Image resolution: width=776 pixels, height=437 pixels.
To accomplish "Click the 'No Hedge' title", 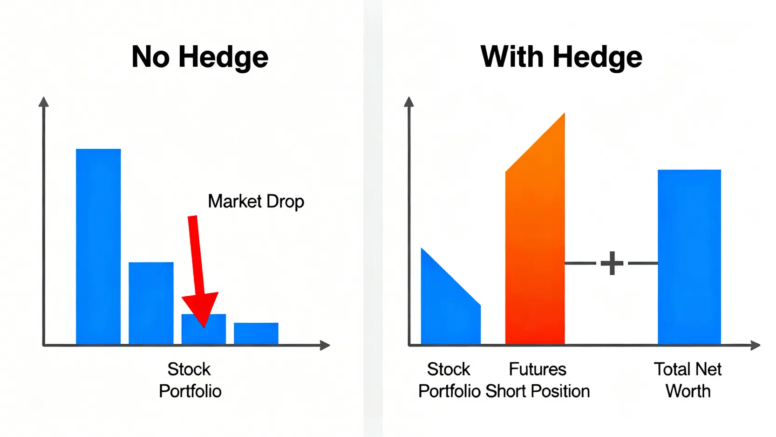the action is [200, 57].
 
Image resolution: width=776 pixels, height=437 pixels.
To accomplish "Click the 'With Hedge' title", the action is [561, 57].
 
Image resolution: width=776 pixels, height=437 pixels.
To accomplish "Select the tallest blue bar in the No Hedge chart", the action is [98, 247].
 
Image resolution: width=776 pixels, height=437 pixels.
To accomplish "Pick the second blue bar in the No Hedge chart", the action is [151, 303].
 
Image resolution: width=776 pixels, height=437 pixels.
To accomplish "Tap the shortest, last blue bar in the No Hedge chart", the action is [256, 333].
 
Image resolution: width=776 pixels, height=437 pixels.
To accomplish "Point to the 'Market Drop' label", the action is [256, 201].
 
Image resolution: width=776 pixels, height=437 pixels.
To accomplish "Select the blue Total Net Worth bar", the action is [689, 257].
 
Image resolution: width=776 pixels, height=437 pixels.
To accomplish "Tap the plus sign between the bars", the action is [612, 263].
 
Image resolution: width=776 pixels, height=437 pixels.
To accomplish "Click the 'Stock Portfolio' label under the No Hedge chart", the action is [190, 380].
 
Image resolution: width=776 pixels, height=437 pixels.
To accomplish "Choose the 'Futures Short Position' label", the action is [538, 380].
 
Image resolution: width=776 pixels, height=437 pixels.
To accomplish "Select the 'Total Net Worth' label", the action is [688, 380].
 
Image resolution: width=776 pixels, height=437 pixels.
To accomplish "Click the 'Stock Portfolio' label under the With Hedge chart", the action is [449, 380].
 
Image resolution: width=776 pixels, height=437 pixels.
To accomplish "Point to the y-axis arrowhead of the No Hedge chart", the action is [44, 102].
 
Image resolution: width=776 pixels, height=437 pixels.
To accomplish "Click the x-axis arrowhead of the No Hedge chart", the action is [325, 345].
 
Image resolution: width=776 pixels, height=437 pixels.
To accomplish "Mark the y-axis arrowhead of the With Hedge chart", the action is [409, 102].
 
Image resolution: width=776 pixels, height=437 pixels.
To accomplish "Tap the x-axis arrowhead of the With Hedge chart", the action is [755, 345].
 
